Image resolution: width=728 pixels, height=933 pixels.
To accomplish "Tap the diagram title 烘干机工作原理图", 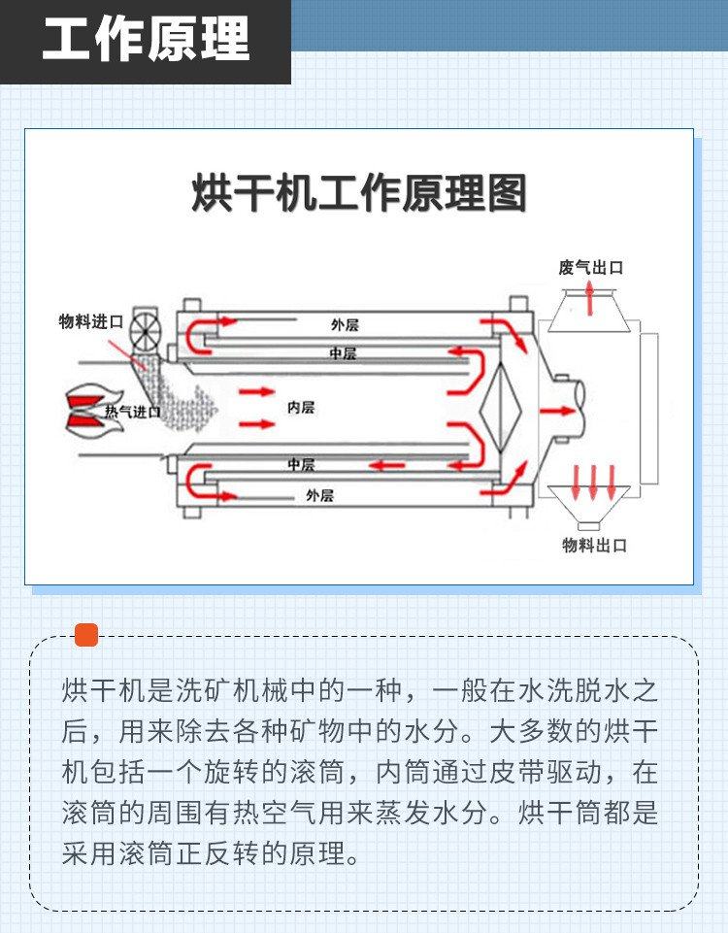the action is click(359, 193).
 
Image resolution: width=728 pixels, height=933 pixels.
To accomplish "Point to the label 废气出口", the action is click(590, 268).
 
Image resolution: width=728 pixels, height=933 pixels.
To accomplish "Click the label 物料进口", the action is click(91, 322).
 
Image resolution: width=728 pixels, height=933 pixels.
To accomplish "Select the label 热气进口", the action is click(132, 412).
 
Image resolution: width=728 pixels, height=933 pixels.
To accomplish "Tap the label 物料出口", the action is click(595, 545).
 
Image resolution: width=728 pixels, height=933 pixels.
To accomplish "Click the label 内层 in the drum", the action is click(300, 408).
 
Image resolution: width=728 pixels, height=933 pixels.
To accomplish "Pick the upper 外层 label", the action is click(345, 325).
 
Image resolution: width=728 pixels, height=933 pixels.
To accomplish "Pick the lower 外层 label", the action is click(320, 495).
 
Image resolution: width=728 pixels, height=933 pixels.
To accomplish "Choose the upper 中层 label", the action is click(343, 353).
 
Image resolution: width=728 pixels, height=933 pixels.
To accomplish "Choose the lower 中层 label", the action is click(301, 464).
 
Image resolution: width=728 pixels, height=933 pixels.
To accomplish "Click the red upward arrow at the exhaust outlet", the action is click(589, 298).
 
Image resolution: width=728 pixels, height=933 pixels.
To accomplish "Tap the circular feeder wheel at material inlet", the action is click(146, 330).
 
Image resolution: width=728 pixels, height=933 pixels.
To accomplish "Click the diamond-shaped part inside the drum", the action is click(501, 409).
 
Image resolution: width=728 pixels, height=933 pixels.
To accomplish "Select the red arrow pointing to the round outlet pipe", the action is click(557, 411).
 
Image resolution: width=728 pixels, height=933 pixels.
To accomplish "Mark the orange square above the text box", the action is click(86, 635).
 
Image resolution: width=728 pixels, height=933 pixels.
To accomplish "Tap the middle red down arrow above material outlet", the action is click(593, 483).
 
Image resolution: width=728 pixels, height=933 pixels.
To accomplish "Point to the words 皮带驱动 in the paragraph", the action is click(545, 772).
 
